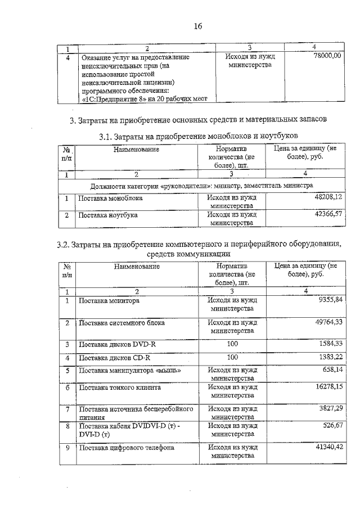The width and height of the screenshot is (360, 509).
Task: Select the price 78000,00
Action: click(x=327, y=57)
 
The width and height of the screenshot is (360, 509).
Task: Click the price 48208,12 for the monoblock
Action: click(x=328, y=198)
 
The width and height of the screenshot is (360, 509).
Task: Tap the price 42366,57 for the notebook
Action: click(x=328, y=214)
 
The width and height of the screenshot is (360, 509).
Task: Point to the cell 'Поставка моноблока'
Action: click(x=111, y=198)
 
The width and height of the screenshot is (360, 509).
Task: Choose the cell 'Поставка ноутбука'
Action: click(x=108, y=215)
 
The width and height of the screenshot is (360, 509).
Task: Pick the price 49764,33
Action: click(x=328, y=322)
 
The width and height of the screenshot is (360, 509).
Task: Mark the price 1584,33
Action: click(x=330, y=343)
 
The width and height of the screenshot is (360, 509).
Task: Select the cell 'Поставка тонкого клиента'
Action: click(x=120, y=388)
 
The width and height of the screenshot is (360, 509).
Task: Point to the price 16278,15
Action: click(x=328, y=388)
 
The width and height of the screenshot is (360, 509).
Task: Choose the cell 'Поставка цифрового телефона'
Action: click(x=126, y=448)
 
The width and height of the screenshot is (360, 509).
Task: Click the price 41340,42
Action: click(x=328, y=448)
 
